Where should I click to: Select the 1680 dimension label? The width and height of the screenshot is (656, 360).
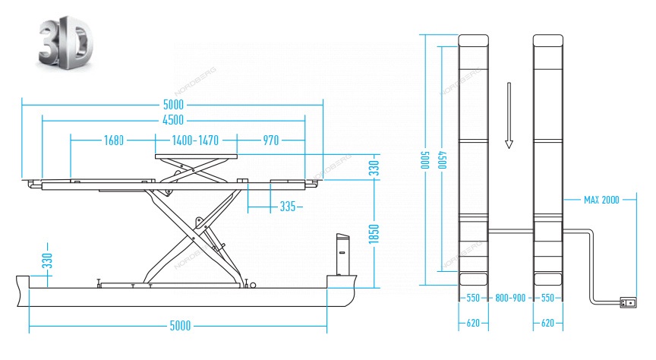coord(114,140)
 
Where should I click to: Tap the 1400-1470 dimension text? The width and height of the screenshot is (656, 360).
coord(195,140)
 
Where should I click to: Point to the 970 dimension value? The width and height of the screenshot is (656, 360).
coord(271,140)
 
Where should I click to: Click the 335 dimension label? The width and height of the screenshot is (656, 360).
coord(287,206)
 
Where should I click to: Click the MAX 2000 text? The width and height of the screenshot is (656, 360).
coord(601,200)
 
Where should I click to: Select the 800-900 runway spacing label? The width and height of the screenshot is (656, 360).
coord(509,298)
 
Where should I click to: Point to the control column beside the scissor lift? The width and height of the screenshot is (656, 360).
coord(342,254)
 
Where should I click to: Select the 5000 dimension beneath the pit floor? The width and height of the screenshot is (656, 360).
coord(179,327)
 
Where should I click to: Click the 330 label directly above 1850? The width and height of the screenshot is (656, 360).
coord(373,168)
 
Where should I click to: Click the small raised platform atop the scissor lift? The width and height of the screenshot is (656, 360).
coord(197,156)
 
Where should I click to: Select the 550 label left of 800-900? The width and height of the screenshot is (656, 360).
coord(471,298)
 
